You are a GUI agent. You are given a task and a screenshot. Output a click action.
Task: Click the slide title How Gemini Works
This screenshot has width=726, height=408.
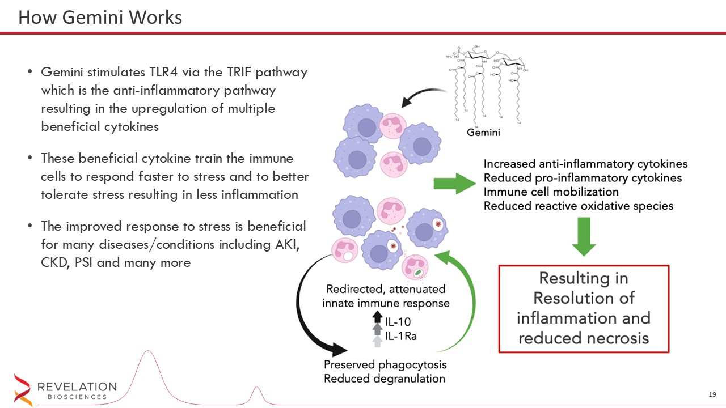click(100, 18)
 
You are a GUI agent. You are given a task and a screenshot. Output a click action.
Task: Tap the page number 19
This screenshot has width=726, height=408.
click(713, 394)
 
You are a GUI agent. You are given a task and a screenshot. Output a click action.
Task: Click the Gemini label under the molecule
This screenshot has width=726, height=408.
click(483, 133)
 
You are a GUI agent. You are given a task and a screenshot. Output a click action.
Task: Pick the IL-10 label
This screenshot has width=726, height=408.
click(398, 322)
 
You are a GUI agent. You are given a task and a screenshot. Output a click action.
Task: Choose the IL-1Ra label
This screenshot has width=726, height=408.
click(401, 336)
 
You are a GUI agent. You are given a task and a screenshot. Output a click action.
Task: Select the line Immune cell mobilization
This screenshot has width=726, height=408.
click(551, 192)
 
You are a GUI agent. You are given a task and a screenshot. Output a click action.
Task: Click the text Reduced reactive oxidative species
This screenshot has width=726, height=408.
click(578, 206)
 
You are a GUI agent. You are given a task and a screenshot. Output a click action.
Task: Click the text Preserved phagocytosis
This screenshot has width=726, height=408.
click(385, 364)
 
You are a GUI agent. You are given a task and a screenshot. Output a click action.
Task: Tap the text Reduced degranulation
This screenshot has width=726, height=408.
click(384, 379)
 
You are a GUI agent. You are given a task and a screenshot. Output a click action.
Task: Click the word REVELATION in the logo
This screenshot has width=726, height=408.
click(77, 386)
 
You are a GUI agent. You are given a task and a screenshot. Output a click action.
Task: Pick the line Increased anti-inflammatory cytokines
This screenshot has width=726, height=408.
click(585, 164)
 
